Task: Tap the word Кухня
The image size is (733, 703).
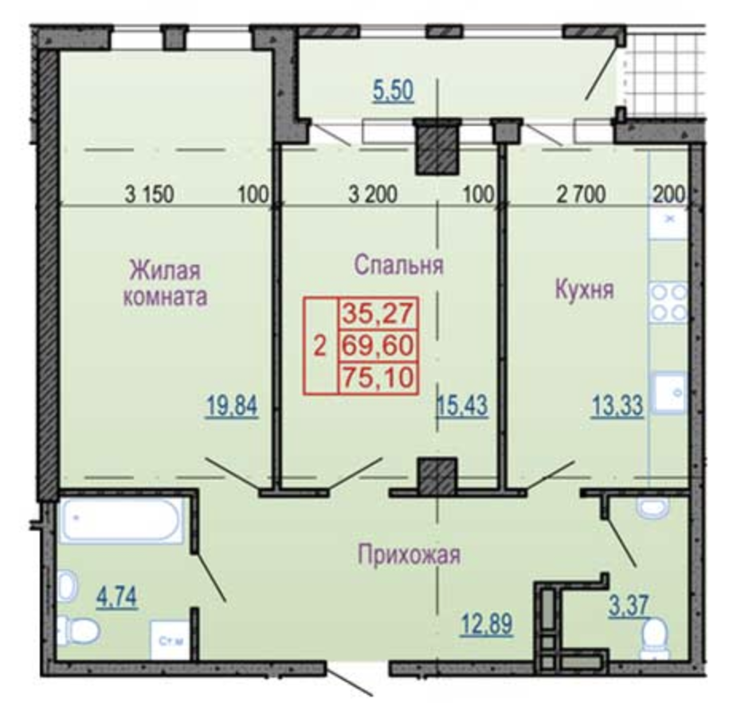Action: tap(584, 289)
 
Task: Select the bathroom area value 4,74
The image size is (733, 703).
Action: tap(117, 597)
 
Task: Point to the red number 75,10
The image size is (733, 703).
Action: tap(378, 378)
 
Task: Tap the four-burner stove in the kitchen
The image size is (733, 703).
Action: tap(668, 303)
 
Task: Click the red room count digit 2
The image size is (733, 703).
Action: tap(320, 347)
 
